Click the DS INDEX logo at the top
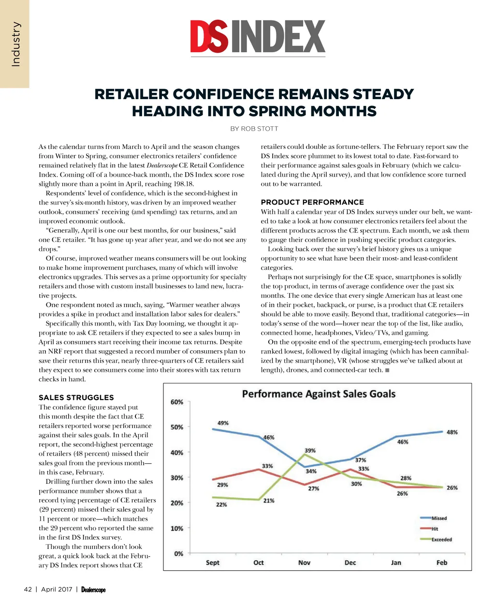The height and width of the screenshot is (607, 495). point(258,37)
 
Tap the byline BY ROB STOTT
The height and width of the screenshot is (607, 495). point(254,129)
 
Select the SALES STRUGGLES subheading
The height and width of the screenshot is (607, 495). point(76,398)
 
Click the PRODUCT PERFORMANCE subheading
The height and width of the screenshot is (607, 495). point(312,202)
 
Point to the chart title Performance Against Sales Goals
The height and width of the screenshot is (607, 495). point(319,394)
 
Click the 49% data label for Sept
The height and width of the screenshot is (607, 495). point(223,423)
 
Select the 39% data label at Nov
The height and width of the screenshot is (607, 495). point(310,450)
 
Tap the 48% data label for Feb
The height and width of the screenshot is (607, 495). point(452,432)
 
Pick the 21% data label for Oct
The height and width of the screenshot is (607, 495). point(269,501)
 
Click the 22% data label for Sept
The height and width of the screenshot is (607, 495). point(221,504)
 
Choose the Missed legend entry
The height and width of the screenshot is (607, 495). point(439,518)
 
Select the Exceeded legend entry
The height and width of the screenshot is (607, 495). point(441,539)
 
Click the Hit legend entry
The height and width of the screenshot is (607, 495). point(435,529)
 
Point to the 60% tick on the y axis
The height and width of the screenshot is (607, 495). point(177,402)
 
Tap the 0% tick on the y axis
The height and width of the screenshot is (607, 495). point(178,553)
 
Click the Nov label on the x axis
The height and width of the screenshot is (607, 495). point(304,563)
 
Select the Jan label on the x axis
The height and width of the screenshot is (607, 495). point(396,563)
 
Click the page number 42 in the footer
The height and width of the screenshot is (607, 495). point(28,589)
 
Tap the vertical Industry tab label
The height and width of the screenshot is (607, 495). point(15,44)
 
